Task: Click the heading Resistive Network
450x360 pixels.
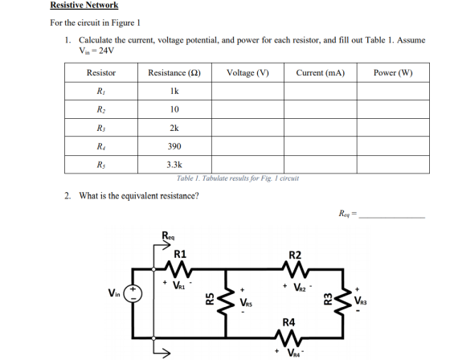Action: click(84, 5)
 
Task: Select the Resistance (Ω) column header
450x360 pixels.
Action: click(174, 73)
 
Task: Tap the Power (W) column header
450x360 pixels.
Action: click(393, 73)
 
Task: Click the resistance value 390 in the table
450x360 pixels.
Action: click(174, 146)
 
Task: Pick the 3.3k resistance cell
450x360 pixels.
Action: click(174, 165)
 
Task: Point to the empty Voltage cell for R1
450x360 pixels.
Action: click(248, 92)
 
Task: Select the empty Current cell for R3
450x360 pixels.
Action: click(321, 128)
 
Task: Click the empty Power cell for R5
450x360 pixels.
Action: click(393, 165)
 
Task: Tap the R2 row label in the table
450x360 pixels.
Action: click(100, 109)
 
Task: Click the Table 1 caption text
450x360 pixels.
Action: click(238, 178)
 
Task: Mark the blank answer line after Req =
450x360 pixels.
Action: click(392, 218)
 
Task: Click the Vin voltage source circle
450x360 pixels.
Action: click(133, 293)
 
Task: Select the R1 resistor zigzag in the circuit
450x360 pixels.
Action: click(178, 269)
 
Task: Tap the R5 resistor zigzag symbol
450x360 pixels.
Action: click(227, 301)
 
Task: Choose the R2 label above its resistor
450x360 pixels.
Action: click(295, 255)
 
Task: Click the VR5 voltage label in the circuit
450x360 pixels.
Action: click(246, 302)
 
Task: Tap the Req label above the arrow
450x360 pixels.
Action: click(168, 235)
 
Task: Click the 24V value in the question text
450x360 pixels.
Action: click(106, 51)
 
